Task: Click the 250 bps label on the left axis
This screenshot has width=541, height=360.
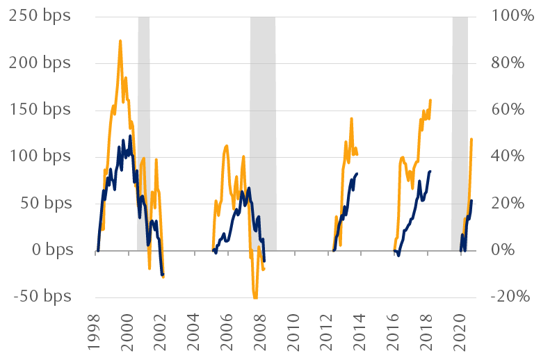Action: click(x=40, y=16)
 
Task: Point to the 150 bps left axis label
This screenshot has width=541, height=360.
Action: click(x=40, y=110)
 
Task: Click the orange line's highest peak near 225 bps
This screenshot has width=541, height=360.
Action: click(x=120, y=41)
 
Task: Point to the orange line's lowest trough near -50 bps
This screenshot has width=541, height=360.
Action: click(x=255, y=297)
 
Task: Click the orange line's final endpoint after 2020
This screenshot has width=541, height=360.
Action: click(x=471, y=139)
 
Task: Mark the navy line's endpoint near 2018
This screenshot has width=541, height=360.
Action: click(x=430, y=171)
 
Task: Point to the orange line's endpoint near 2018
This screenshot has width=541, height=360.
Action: click(x=430, y=100)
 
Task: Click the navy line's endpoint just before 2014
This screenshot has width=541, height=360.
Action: click(x=357, y=174)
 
